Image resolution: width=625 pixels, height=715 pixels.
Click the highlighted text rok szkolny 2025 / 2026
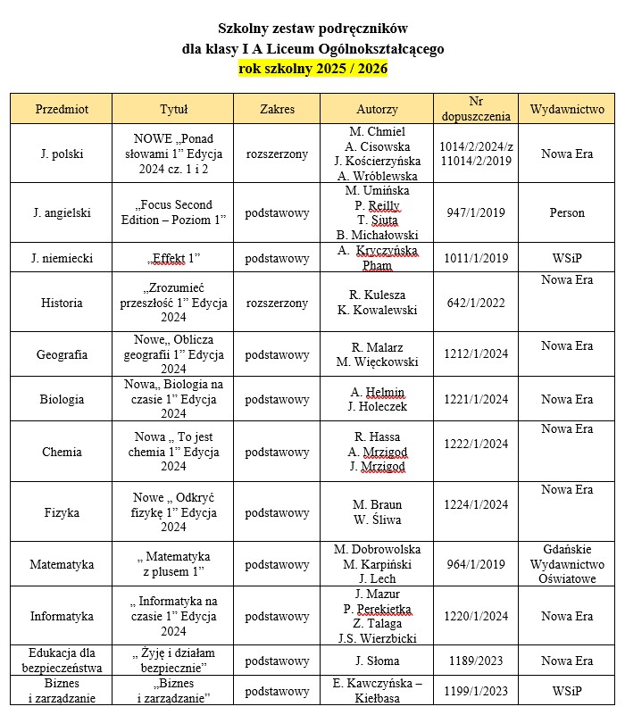pyautogui.click(x=312, y=68)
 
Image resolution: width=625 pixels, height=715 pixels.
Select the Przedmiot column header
pyautogui.click(x=62, y=109)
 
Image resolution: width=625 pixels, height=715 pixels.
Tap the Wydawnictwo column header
pyautogui.click(x=567, y=109)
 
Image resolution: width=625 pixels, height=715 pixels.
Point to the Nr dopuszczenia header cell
pyautogui.click(x=476, y=109)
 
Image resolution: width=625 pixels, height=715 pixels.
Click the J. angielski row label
pyautogui.click(x=62, y=212)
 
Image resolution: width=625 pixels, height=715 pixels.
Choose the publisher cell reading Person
pyautogui.click(x=567, y=212)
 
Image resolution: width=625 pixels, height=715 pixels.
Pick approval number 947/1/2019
pyautogui.click(x=476, y=212)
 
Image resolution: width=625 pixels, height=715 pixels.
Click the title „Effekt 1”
pyautogui.click(x=173, y=258)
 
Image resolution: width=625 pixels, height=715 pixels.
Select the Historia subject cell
pyautogui.click(x=62, y=303)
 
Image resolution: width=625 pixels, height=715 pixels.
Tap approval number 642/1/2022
pyautogui.click(x=476, y=303)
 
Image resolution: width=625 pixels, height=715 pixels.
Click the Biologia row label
pyautogui.click(x=62, y=399)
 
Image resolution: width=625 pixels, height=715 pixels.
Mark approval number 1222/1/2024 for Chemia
pyautogui.click(x=476, y=444)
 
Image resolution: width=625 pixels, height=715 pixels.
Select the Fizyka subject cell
pyautogui.click(x=62, y=512)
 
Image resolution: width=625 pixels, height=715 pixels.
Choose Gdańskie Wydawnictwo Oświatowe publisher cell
pyautogui.click(x=567, y=564)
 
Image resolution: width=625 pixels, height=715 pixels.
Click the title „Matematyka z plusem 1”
pyautogui.click(x=173, y=564)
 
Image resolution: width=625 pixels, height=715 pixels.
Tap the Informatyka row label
pyautogui.click(x=62, y=616)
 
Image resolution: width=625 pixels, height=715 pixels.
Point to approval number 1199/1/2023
pyautogui.click(x=476, y=691)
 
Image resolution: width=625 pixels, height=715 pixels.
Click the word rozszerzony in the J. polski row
pyautogui.click(x=277, y=154)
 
